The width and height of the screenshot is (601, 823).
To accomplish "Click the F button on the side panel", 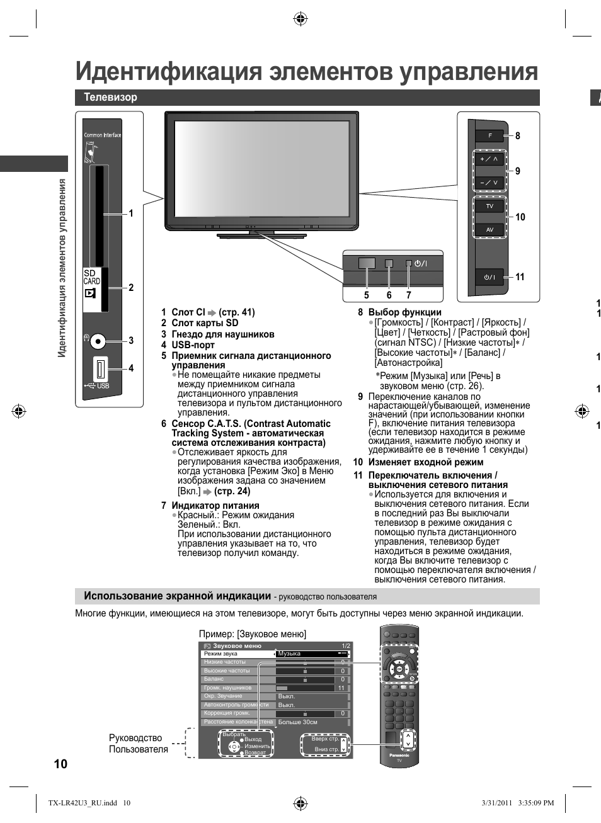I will click(x=489, y=136).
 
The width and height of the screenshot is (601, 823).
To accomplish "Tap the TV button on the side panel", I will click(x=489, y=206).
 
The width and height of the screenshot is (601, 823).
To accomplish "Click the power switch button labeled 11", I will click(x=489, y=277).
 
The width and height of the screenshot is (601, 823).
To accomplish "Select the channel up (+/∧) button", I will click(x=489, y=159).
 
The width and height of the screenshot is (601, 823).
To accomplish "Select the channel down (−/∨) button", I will click(x=489, y=183).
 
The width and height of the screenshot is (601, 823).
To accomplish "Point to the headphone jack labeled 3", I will click(x=97, y=341).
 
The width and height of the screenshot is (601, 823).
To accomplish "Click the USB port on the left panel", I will click(x=100, y=369).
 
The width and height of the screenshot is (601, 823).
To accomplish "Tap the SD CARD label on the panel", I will click(x=91, y=277).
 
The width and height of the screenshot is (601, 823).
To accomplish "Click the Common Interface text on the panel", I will click(x=102, y=135).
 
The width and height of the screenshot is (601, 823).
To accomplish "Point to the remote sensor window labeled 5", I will click(x=367, y=263).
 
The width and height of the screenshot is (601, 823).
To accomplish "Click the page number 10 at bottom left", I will click(x=60, y=764).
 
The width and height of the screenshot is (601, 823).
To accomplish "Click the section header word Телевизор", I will click(x=110, y=97).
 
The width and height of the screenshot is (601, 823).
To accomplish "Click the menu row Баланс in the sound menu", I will click(x=214, y=679).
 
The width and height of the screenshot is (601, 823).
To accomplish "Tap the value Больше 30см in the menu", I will click(x=297, y=722).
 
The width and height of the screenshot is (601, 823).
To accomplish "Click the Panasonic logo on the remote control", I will click(x=399, y=755).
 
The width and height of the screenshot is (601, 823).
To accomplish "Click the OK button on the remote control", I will click(x=399, y=669).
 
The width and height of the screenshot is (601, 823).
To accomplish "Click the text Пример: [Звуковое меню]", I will click(x=252, y=634).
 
